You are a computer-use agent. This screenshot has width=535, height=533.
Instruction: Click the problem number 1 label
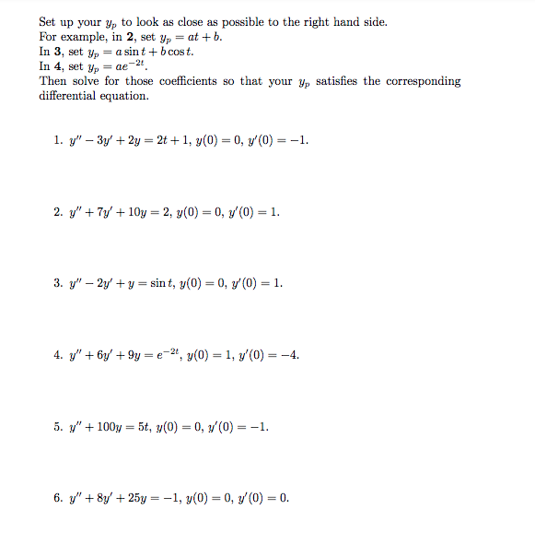(x=58, y=140)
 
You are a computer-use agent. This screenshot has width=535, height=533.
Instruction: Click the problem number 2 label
(x=58, y=211)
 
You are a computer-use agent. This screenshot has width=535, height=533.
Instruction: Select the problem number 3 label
(x=58, y=282)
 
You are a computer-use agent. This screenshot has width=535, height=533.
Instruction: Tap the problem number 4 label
(x=58, y=354)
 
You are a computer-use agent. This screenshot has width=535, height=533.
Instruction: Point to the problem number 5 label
(x=58, y=427)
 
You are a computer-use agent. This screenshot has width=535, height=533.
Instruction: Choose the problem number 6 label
(x=58, y=499)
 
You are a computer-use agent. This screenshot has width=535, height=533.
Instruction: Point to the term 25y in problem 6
(x=145, y=499)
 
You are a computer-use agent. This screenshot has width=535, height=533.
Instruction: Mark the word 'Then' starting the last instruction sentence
(x=52, y=81)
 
